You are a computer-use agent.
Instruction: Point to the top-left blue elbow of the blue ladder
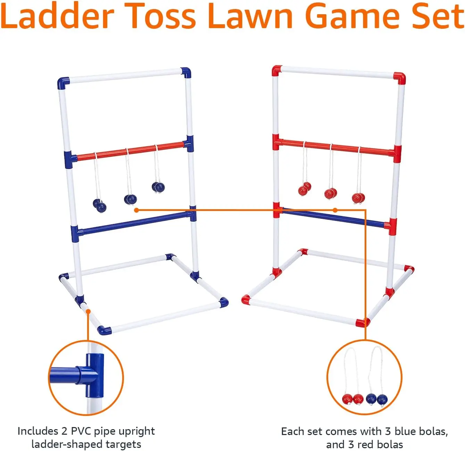point(63,83)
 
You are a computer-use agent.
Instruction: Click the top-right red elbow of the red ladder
point(399,78)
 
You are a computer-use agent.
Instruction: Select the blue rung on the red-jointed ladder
point(333,218)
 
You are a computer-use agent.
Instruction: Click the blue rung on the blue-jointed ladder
point(134,222)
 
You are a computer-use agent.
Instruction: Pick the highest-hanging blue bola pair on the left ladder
point(158,187)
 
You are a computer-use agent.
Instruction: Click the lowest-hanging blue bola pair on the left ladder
point(100,205)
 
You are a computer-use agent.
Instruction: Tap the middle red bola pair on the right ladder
point(331,193)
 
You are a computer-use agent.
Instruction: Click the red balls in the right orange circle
point(352,399)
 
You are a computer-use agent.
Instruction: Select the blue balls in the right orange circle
point(376,399)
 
